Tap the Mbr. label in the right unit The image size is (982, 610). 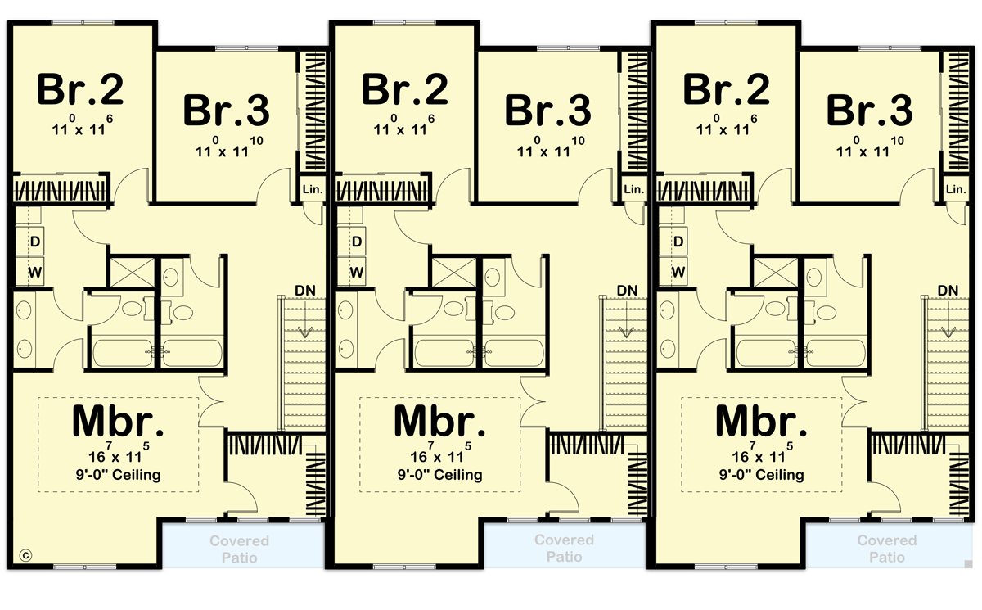click(x=759, y=421)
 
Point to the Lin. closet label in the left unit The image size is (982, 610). click(x=313, y=189)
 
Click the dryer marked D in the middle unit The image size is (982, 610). click(x=357, y=242)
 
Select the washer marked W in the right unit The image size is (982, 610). click(x=678, y=271)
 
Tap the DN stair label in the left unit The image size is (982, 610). click(x=306, y=291)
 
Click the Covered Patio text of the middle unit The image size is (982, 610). click(x=565, y=549)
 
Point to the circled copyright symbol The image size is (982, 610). click(x=25, y=554)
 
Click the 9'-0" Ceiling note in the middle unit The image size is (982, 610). click(x=440, y=475)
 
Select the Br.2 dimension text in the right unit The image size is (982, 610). click(x=725, y=127)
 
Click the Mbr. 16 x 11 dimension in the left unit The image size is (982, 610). click(x=119, y=454)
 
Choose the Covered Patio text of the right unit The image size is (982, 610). click(x=887, y=549)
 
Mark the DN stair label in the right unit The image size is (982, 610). click(x=949, y=291)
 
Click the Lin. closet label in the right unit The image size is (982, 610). click(x=956, y=189)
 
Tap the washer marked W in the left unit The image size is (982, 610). click(x=35, y=271)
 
